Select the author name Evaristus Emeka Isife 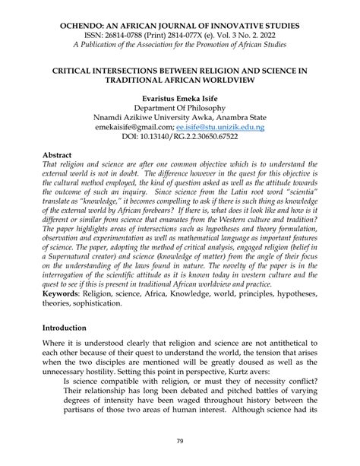click(179, 99)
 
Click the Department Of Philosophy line click(179, 109)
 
